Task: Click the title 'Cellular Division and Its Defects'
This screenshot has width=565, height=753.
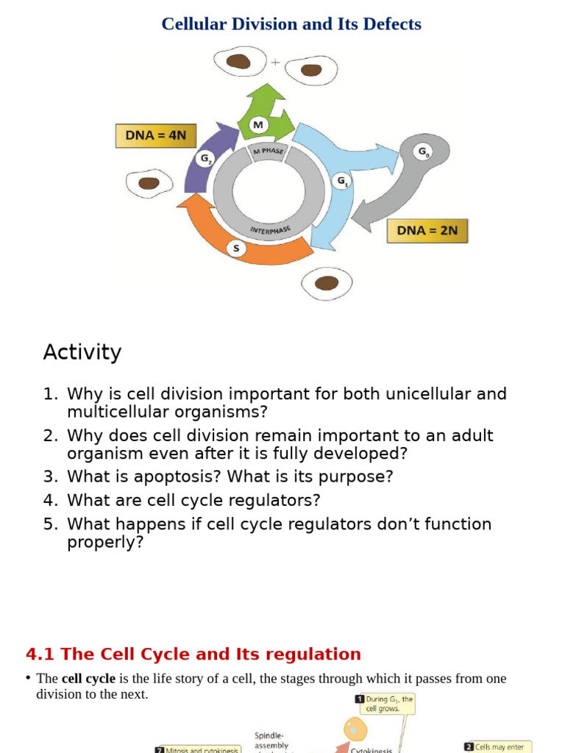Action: point(291,24)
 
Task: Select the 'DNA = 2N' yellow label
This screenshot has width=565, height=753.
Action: point(427,230)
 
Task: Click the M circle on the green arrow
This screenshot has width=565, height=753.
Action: point(257,126)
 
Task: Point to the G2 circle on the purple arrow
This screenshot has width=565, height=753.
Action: point(205,158)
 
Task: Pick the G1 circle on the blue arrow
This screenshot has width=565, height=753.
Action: point(342,181)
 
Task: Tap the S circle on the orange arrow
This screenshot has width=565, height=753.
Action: point(236,249)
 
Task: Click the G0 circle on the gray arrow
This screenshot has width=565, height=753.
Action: point(423,152)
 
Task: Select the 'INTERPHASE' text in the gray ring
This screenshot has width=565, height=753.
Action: point(270,230)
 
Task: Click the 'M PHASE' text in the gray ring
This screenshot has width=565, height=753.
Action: point(268,151)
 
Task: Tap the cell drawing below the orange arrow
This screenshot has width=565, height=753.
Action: point(327,283)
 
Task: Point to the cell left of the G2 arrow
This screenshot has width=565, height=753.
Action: point(149,183)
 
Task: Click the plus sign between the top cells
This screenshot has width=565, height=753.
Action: point(275,63)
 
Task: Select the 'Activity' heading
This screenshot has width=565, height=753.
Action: point(82,352)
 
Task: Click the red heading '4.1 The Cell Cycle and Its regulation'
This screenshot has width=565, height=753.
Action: point(193,654)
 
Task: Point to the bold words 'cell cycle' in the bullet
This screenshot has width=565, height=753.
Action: point(88,679)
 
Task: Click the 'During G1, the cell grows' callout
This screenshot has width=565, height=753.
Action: point(384,704)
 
